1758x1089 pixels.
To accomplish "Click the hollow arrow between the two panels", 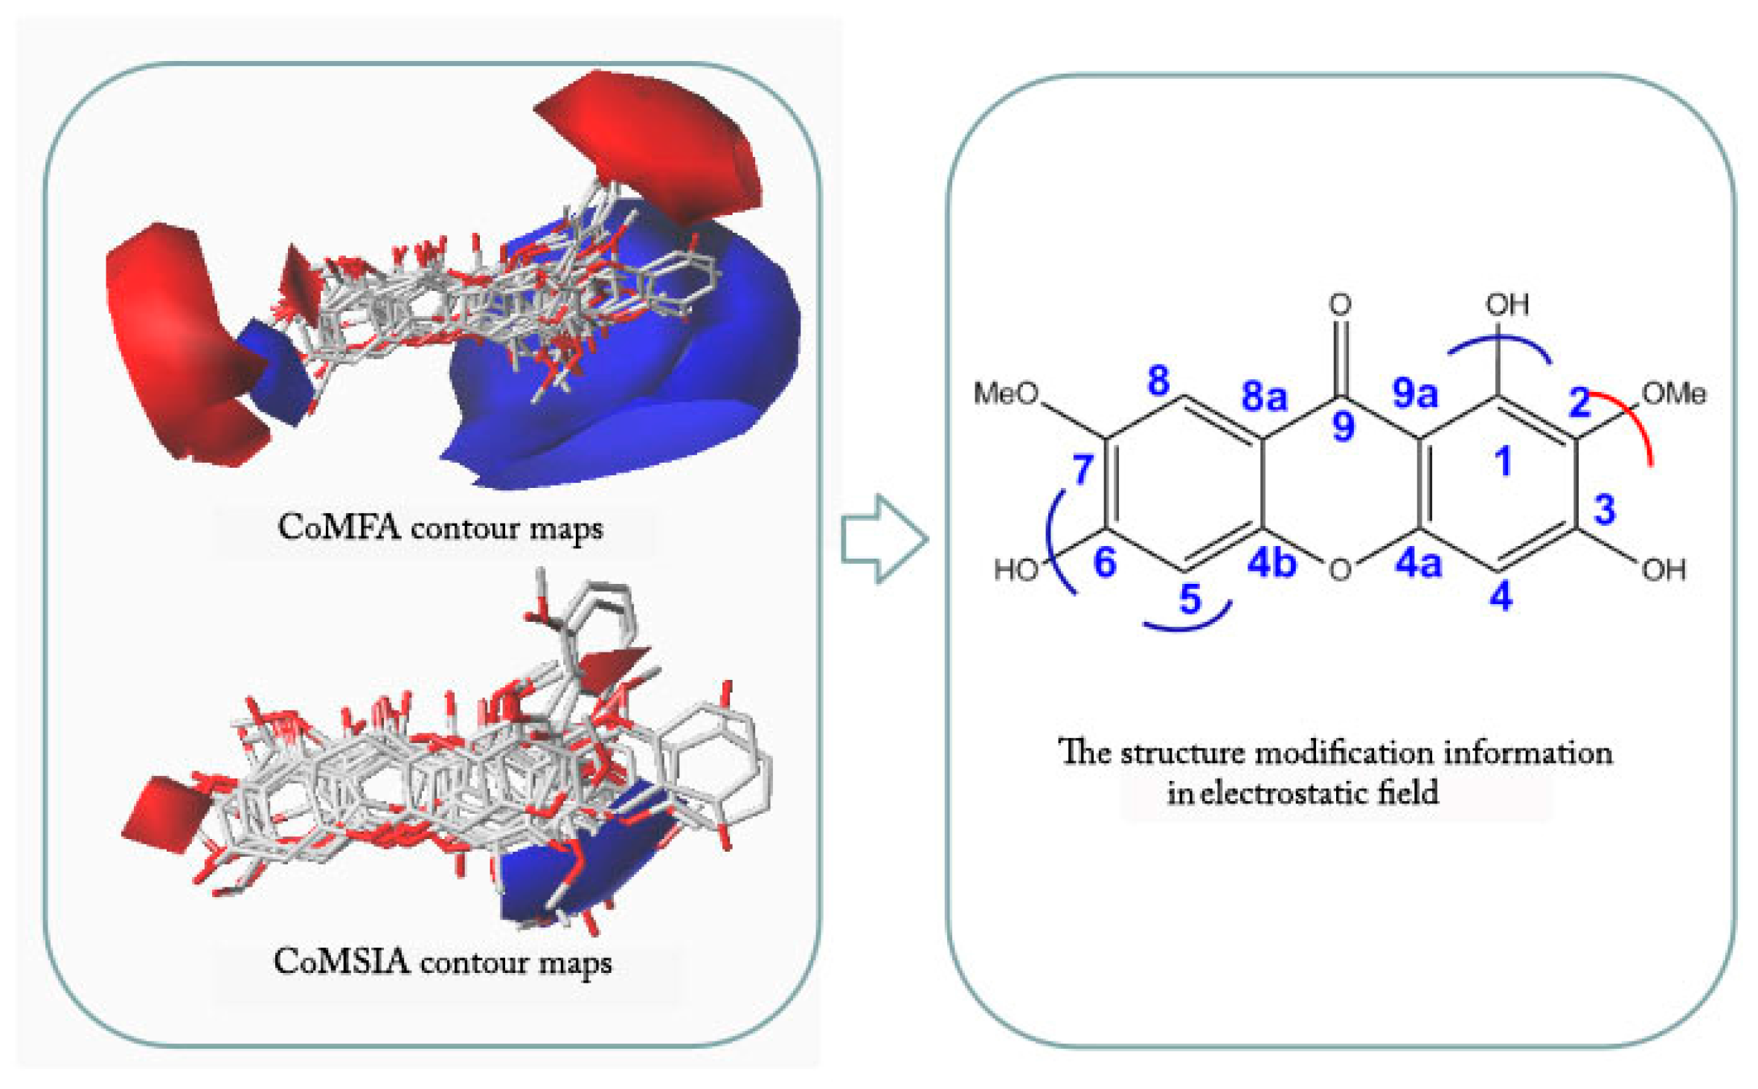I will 884,539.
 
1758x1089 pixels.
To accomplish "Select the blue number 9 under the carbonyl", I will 1343,426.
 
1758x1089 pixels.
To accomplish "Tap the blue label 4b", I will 1271,563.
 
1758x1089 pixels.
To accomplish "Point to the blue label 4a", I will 1418,563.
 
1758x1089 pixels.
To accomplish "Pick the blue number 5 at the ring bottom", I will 1190,599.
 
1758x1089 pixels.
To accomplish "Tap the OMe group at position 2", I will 1674,393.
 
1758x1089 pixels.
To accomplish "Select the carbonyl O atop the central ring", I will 1340,303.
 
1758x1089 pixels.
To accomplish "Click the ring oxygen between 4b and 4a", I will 1340,570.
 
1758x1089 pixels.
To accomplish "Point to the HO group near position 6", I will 1016,570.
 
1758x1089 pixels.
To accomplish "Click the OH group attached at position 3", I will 1664,570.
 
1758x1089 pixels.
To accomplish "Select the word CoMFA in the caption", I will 339,527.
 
